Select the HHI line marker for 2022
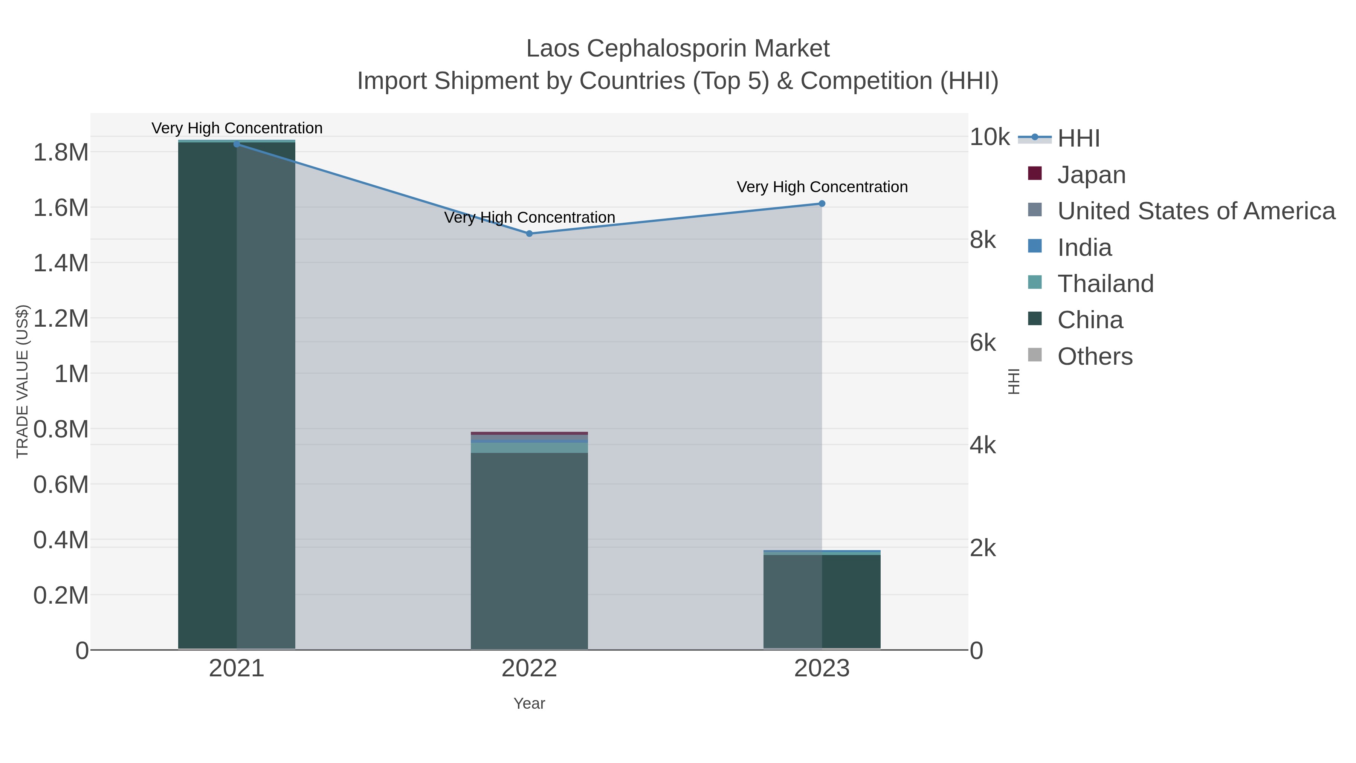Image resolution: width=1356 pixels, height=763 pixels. coord(529,233)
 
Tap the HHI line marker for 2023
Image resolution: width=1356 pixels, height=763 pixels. coord(822,203)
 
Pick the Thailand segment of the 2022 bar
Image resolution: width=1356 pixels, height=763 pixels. coord(529,448)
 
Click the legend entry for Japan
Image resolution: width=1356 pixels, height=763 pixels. coord(1091,174)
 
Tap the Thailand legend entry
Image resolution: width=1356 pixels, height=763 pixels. coord(1106,283)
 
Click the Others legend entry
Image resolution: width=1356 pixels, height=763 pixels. coord(1095,356)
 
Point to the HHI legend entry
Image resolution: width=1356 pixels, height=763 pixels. coord(1078,138)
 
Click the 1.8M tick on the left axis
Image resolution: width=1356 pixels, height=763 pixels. coord(61,152)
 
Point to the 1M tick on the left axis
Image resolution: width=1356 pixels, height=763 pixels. coord(71,374)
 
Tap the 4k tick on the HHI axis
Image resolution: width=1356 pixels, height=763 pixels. coord(982,445)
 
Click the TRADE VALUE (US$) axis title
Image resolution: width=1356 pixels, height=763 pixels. coord(23,381)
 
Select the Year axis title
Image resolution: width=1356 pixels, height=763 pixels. coord(529,703)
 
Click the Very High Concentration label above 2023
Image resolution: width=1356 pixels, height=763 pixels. coord(822,187)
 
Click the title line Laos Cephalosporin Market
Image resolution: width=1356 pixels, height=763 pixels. coord(678,49)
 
